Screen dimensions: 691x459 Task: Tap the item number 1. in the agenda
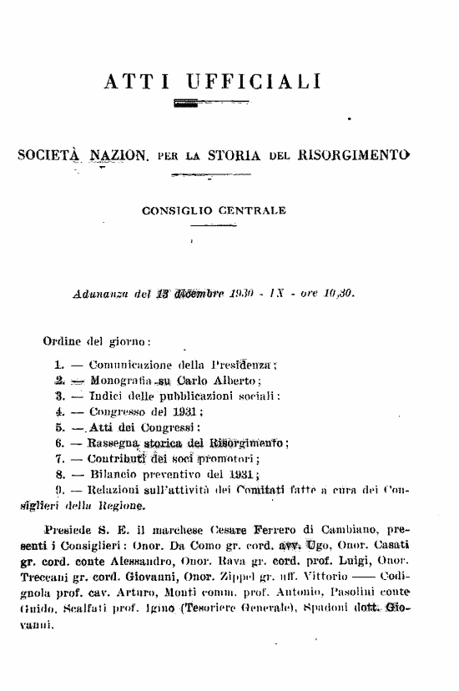(58, 365)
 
